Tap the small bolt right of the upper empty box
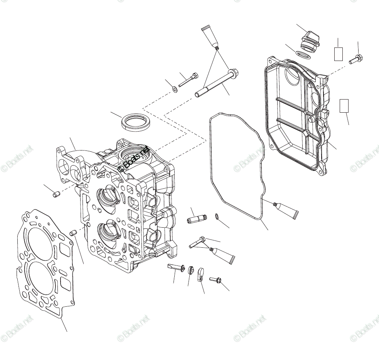point(356,59)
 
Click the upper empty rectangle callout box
point(338,54)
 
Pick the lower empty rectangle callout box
point(344,106)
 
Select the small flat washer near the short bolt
point(175,90)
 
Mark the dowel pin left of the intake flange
point(56,194)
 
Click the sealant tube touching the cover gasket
point(286,210)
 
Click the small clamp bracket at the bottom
point(200,275)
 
